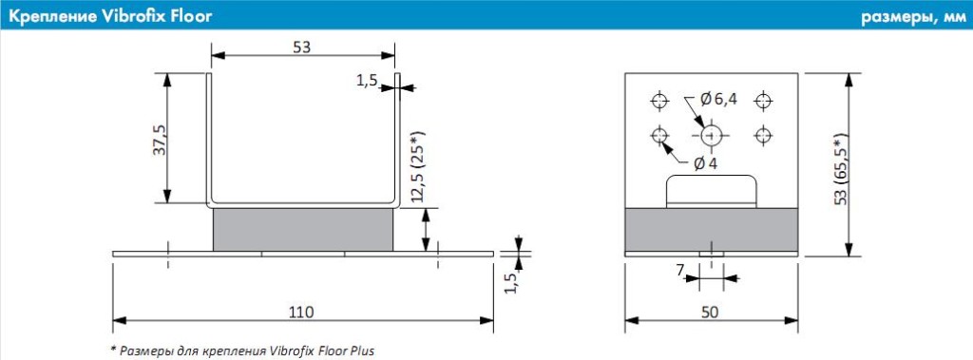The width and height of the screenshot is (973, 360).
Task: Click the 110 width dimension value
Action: point(302,311)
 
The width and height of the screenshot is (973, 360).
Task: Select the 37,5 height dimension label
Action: point(160,139)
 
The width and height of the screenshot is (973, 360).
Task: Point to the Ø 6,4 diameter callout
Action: point(718,99)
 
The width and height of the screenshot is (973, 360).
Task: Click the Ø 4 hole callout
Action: point(706,163)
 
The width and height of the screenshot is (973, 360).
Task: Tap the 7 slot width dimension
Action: point(680,272)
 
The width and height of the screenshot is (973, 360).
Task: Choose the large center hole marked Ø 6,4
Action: point(710,134)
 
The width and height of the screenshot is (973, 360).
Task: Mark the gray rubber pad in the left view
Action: point(302,230)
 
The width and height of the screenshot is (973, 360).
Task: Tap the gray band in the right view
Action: point(710,230)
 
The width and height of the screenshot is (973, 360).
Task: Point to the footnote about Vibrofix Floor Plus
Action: point(242,351)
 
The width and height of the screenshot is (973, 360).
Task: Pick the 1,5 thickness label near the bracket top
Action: point(369,81)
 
